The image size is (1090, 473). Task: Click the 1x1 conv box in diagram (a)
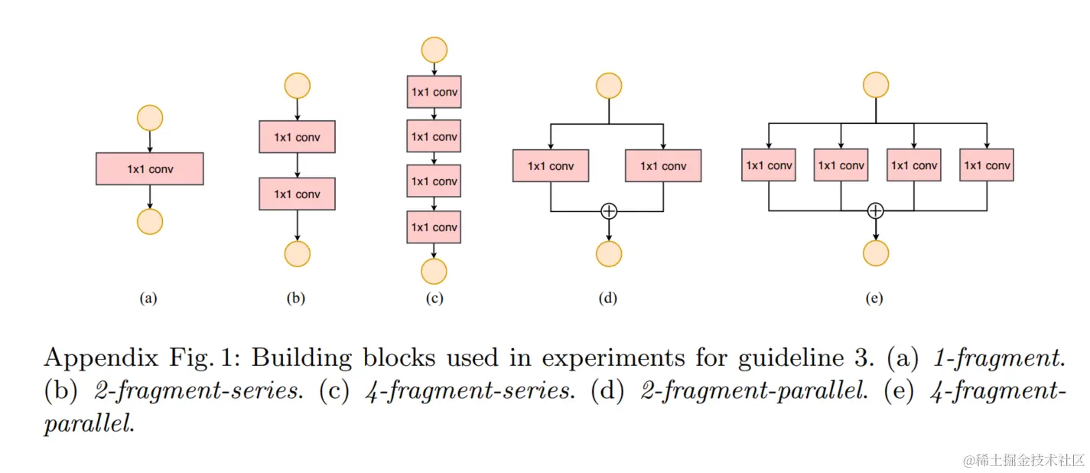coord(149,169)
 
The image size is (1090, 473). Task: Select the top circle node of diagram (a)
coord(149,118)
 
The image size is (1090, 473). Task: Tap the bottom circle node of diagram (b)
coord(297,253)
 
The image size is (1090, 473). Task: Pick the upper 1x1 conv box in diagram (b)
coord(297,137)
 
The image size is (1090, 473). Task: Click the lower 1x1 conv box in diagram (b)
coord(297,194)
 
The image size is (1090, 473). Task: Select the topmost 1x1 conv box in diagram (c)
coord(434,92)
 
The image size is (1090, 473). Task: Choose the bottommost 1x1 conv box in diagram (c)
coord(434,227)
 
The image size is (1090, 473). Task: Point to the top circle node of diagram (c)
coord(434,49)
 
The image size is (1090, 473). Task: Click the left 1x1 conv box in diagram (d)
coord(551,165)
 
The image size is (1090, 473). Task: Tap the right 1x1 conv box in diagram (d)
coord(663,165)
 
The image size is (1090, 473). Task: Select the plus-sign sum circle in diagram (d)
coord(609,210)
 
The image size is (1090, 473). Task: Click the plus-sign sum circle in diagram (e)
coord(876,210)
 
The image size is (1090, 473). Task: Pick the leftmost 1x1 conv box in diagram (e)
coord(769,165)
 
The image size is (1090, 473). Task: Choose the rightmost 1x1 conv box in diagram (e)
coord(987,165)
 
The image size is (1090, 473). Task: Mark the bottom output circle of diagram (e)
coord(876,253)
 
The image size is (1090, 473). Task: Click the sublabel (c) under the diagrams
coord(434,299)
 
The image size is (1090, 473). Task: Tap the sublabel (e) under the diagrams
coord(874,299)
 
